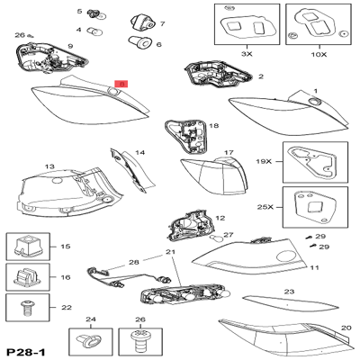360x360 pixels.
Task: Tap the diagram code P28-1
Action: click(25, 349)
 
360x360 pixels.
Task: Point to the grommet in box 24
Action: click(89, 339)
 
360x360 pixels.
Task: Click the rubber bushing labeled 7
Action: click(141, 22)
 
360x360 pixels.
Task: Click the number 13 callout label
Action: click(49, 166)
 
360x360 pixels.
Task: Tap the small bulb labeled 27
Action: click(215, 243)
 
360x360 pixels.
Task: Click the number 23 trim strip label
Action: click(289, 292)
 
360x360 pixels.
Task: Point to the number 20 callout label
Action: click(346, 328)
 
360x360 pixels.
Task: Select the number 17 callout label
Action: click(229, 153)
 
